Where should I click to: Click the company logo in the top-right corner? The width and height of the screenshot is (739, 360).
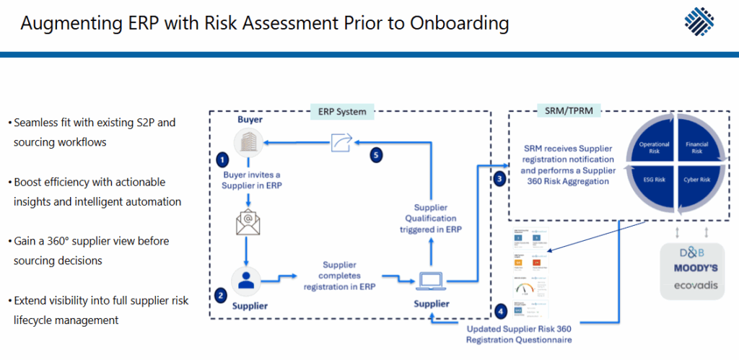(x=699, y=22)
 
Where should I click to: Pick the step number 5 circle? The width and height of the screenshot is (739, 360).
(x=375, y=154)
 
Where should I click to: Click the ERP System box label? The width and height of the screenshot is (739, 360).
(x=343, y=112)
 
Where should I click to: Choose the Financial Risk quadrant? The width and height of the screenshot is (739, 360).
(x=696, y=147)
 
